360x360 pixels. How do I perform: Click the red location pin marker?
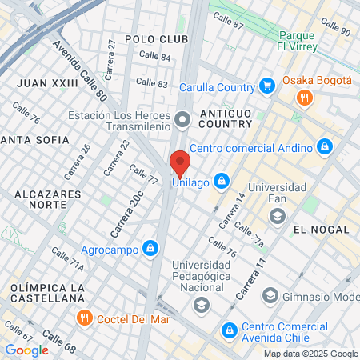tap(180, 164)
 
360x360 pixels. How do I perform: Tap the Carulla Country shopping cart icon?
tap(267, 86)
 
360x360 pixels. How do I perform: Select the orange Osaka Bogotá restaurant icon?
tap(304, 98)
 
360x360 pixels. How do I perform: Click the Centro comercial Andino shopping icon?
tap(324, 146)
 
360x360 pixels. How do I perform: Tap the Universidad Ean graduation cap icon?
tap(277, 215)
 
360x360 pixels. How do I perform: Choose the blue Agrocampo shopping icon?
tap(149, 248)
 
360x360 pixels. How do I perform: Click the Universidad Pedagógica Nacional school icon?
tap(202, 304)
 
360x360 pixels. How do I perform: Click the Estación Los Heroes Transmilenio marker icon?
tap(183, 121)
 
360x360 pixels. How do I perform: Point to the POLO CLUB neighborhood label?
tap(157, 38)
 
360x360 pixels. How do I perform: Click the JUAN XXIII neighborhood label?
tap(48, 82)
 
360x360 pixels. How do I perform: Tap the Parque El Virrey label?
tap(298, 41)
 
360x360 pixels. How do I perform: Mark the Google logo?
tap(26, 350)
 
